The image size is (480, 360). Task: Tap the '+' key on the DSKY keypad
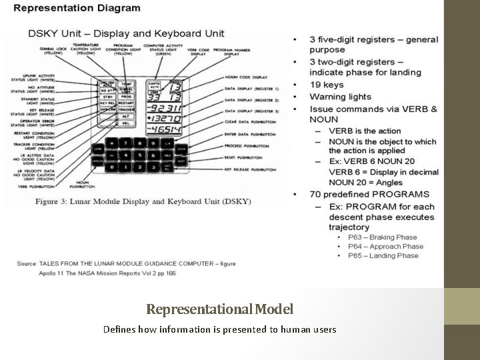tap(112, 144)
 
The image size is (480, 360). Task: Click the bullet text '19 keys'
tap(327, 85)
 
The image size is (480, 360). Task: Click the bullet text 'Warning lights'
tap(340, 97)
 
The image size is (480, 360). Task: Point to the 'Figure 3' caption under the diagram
tap(144, 201)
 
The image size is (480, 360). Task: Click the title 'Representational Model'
tap(219, 309)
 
